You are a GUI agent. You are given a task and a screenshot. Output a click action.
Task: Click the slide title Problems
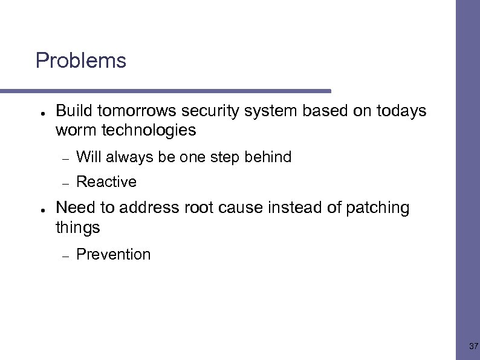80,61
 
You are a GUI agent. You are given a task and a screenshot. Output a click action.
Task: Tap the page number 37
473,347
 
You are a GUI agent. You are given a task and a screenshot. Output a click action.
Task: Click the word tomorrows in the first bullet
137,111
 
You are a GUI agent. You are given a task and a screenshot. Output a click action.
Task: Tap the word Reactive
106,182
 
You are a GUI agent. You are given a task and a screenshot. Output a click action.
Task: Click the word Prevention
114,255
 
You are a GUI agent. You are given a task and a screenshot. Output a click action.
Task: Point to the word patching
377,208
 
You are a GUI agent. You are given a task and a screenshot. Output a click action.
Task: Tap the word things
77,227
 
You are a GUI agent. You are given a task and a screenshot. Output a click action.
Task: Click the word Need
76,208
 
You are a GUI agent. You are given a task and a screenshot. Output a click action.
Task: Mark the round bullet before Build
38,113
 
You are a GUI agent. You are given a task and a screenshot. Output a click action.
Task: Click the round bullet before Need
38,209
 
